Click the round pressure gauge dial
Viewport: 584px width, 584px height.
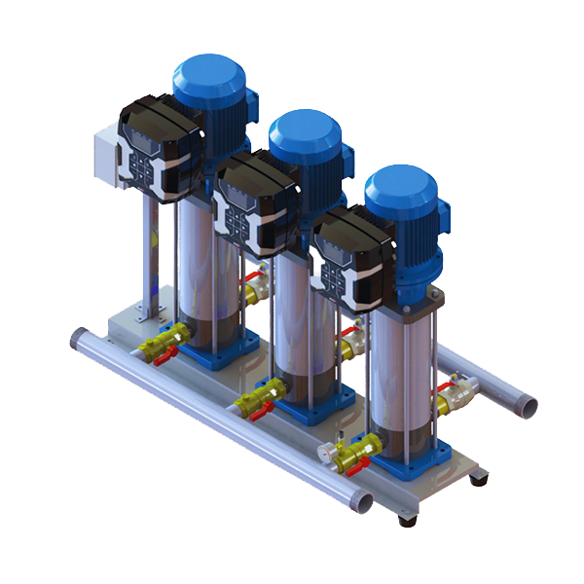pos(323,452)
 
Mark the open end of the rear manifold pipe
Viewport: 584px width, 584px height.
pos(527,402)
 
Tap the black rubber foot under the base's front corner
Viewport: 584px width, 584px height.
pos(407,519)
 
